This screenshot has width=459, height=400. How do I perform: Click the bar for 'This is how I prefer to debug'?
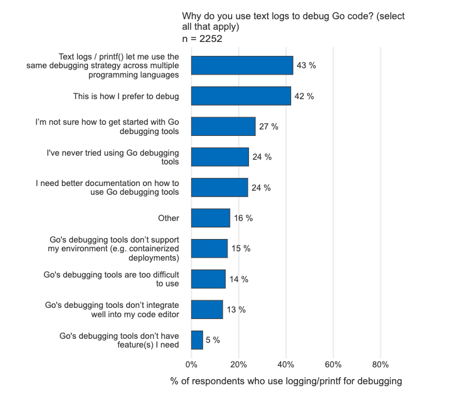241,96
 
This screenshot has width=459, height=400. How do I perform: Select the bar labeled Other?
211,218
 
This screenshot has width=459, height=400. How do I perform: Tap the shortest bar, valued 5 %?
197,340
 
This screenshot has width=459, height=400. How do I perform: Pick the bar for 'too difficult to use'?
208,279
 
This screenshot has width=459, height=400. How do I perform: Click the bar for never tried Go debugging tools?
220,157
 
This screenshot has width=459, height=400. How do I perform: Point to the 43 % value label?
306,65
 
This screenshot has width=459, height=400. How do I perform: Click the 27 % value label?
269,127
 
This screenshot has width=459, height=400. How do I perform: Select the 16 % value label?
243,218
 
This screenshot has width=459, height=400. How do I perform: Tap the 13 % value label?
236,310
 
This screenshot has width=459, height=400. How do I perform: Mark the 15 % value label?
241,248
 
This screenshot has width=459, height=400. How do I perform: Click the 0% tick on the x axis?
191,365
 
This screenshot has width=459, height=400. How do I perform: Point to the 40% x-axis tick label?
286,365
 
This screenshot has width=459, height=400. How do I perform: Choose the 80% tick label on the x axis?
380,365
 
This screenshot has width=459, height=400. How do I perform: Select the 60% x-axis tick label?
333,365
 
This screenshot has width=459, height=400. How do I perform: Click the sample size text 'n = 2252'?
202,39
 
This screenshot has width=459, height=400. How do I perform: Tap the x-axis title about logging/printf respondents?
286,382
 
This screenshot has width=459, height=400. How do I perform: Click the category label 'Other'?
169,218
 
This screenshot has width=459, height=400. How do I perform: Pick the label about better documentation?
107,187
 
